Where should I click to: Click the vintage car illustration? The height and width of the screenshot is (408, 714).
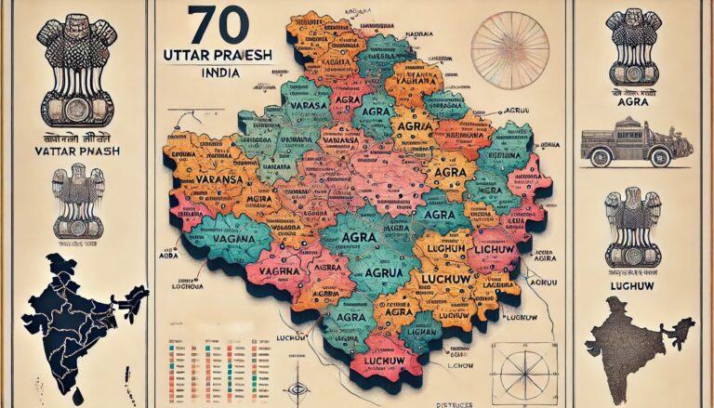coord(637,143)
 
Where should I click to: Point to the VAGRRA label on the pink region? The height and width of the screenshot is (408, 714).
coord(279,269)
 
